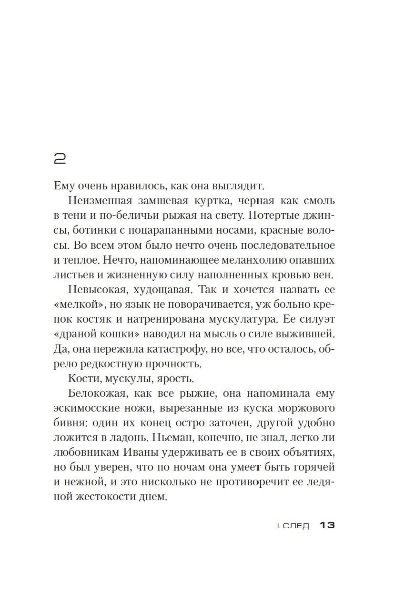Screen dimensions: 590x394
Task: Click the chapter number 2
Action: tap(60, 159)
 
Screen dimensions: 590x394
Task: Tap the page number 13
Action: tap(328, 525)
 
